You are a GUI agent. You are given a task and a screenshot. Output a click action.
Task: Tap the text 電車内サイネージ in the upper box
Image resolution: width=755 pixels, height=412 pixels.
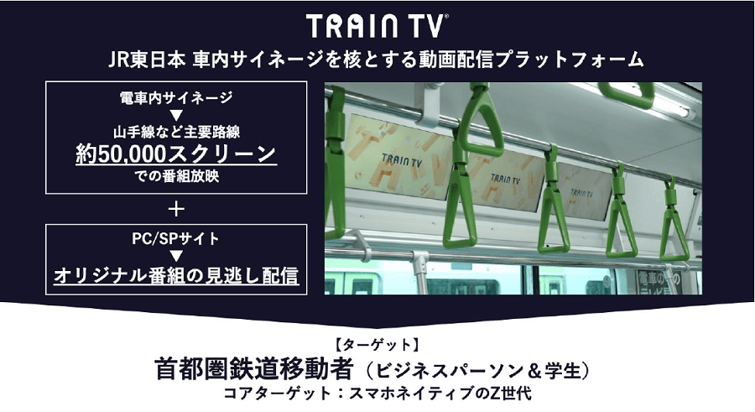point(176,97)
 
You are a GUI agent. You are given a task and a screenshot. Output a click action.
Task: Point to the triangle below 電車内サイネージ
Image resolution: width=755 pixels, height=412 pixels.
point(176,114)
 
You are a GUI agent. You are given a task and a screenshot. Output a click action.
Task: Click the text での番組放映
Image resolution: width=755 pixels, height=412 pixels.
point(176,177)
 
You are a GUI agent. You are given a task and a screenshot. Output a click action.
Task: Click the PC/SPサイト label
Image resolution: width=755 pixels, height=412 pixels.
point(176,238)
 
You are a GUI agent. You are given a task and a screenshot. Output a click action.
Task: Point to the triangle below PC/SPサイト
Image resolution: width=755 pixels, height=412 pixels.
point(176,256)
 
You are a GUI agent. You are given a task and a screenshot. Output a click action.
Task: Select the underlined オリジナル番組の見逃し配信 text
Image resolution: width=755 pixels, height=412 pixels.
point(176,276)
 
